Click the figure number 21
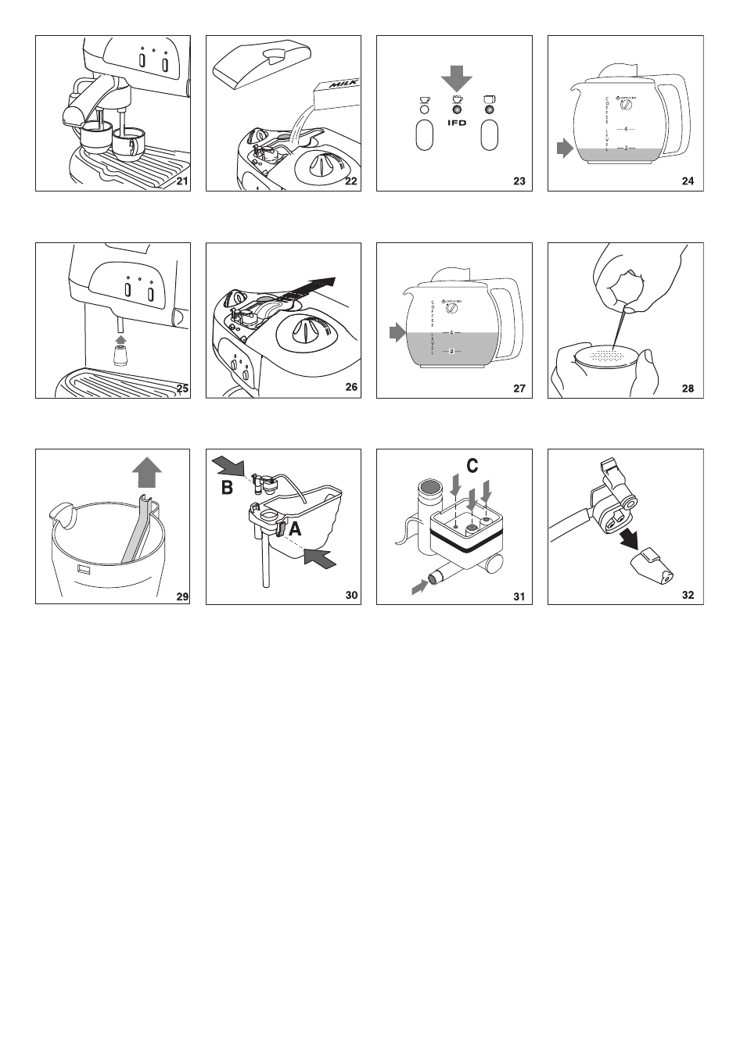182,182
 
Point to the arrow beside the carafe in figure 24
564,148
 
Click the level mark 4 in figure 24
626,129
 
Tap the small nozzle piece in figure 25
120,356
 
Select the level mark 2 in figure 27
453,351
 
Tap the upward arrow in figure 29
146,473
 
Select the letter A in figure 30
295,528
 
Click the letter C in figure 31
472,466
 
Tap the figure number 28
688,388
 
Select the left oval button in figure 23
425,135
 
